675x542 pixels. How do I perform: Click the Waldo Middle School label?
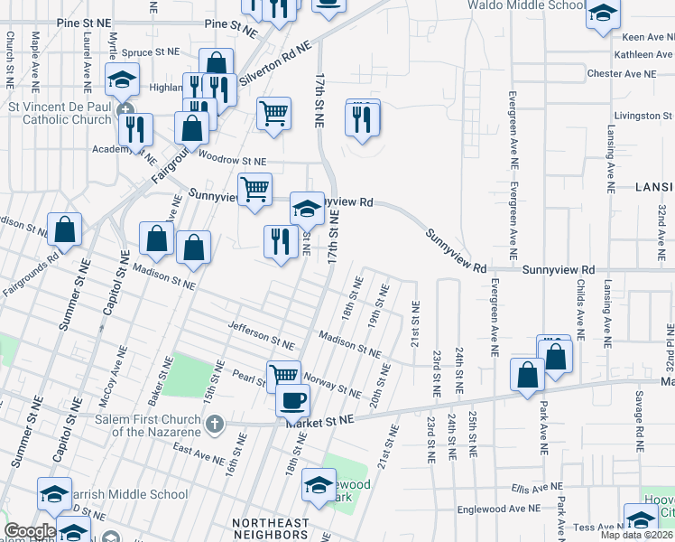526,5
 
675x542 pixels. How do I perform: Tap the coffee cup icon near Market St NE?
291,399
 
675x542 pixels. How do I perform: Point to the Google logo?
29,531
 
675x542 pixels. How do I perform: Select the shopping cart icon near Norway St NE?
283,373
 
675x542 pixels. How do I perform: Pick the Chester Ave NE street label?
621,73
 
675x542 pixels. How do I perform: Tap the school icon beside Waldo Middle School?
602,14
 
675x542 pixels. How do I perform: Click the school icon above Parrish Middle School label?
54,494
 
